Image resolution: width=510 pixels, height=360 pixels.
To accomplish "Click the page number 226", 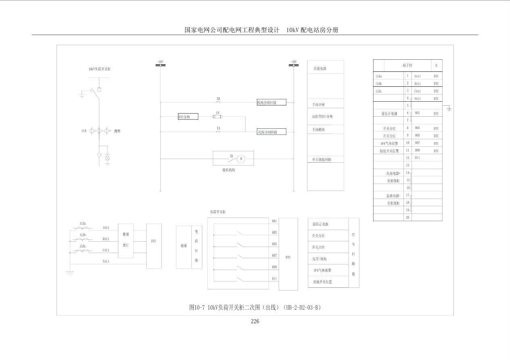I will point(255,321).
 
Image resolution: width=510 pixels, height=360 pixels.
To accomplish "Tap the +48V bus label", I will point(160,62).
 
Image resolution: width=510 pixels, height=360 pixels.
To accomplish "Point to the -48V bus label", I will point(294,62).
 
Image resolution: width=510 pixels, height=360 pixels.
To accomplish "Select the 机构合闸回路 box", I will point(272,103).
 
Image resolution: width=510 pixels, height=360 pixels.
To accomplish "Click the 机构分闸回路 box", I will point(272,132).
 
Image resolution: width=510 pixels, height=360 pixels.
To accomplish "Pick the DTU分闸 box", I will point(188,117).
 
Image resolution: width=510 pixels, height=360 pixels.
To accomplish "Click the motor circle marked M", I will point(241,159).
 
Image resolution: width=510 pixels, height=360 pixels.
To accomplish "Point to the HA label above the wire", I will point(218,98).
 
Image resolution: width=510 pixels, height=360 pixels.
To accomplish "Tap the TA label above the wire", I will point(218,128).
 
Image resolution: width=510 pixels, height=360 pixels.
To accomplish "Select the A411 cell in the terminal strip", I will point(418,76).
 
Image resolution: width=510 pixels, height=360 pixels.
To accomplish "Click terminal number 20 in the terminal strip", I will point(407,217).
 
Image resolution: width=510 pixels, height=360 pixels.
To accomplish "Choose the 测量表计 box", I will point(126,241).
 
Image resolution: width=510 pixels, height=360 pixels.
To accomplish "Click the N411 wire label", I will point(106,262).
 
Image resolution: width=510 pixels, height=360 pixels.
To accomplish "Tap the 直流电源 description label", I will point(320,69).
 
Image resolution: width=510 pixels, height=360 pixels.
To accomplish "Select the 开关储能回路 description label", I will point(321,159).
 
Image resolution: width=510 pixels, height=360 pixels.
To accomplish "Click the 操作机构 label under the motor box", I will point(229,170).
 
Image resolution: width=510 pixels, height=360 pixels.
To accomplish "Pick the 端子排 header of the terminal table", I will point(407,65).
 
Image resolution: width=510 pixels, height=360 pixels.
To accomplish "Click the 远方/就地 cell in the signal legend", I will point(320,259).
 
